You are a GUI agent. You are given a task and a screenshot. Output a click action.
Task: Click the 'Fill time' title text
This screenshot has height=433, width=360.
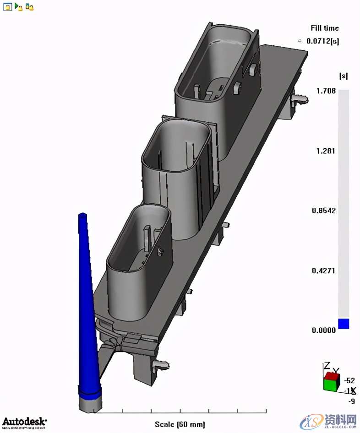325,28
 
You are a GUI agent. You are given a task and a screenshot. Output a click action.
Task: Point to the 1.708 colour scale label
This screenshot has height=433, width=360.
326,91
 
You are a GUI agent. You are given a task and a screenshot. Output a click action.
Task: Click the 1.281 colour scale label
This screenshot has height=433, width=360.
326,151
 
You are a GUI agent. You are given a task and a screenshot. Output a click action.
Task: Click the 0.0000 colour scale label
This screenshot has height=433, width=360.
323,330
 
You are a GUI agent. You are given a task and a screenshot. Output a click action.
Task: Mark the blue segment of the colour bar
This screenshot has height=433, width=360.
344,324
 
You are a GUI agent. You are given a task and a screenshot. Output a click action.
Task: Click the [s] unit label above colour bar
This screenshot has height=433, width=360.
343,75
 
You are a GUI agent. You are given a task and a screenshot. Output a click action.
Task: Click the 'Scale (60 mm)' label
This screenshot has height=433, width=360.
180,424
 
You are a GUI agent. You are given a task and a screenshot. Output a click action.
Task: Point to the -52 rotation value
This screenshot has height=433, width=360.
349,380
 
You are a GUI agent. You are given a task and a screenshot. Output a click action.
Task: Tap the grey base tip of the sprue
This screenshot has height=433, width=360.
89,402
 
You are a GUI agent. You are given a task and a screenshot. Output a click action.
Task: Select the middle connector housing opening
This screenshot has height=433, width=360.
176,146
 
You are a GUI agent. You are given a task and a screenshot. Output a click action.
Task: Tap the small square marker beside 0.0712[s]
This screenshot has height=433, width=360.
300,41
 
